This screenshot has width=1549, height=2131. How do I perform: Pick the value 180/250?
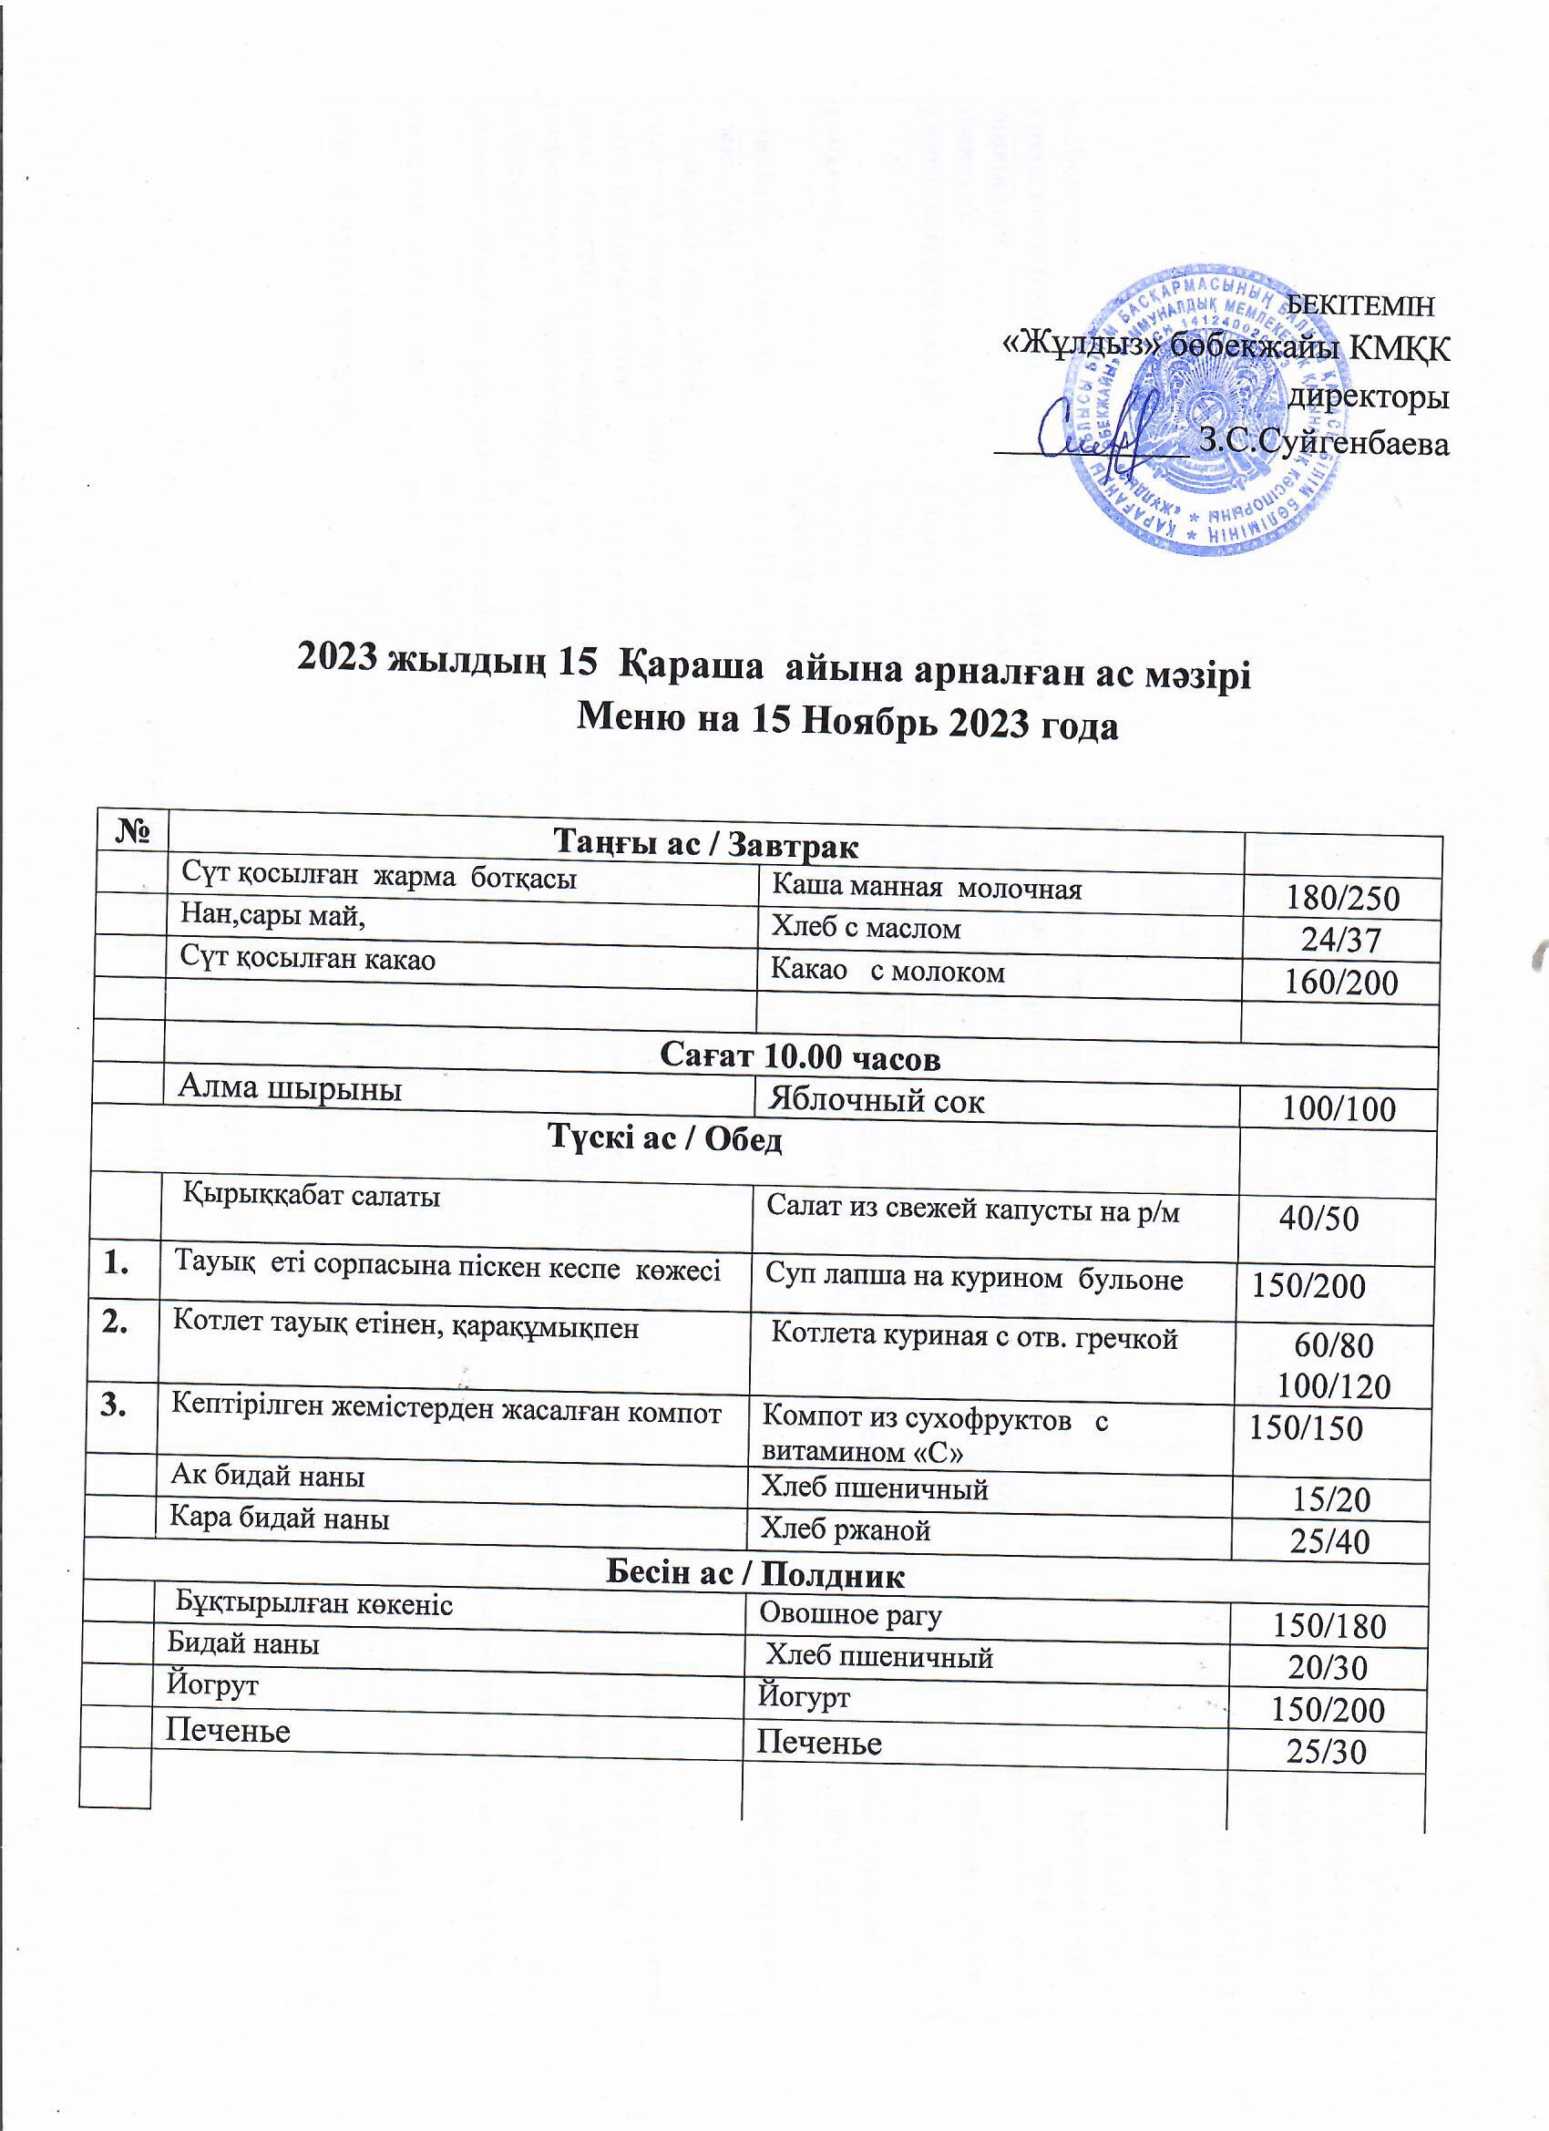click(x=1342, y=899)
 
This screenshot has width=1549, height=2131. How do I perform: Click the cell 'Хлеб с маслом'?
click(x=867, y=928)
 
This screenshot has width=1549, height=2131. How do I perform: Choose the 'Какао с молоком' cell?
click(x=887, y=971)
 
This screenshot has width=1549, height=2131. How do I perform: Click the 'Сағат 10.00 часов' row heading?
click(x=800, y=1058)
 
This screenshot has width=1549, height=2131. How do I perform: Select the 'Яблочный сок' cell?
click(x=877, y=1100)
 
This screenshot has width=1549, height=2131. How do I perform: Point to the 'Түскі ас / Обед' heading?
click(x=665, y=1139)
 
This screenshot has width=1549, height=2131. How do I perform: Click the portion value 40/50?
click(x=1318, y=1219)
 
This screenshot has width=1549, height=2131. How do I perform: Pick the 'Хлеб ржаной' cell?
click(x=845, y=1529)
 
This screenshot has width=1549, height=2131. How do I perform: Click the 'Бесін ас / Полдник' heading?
click(x=755, y=1574)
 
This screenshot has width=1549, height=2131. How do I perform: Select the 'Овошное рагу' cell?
click(x=850, y=1614)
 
